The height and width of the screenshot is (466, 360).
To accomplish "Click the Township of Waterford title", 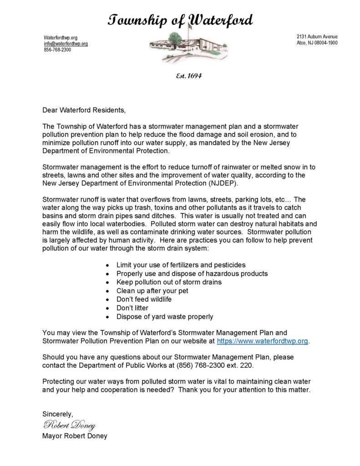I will [180, 20].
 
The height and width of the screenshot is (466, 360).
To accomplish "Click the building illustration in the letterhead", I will [180, 47].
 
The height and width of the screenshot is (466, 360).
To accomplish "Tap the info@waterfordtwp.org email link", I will [66, 43].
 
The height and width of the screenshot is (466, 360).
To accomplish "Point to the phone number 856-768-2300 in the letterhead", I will [57, 50].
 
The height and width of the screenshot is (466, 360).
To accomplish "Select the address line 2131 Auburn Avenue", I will [317, 36].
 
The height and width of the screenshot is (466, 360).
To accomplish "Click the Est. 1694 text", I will [188, 76].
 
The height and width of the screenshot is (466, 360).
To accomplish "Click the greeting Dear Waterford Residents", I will [83, 110].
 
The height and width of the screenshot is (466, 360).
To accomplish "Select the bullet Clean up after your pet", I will [152, 290].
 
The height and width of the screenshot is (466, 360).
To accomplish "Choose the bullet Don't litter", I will [132, 308].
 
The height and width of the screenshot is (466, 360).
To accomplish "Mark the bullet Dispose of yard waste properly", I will [165, 316].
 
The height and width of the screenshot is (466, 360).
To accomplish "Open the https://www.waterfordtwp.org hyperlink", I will [263, 340].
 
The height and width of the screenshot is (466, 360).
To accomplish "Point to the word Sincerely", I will [57, 413].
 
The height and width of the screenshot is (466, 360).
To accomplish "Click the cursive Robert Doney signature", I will [69, 425].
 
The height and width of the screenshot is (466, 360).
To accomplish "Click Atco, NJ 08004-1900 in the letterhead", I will [317, 43].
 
